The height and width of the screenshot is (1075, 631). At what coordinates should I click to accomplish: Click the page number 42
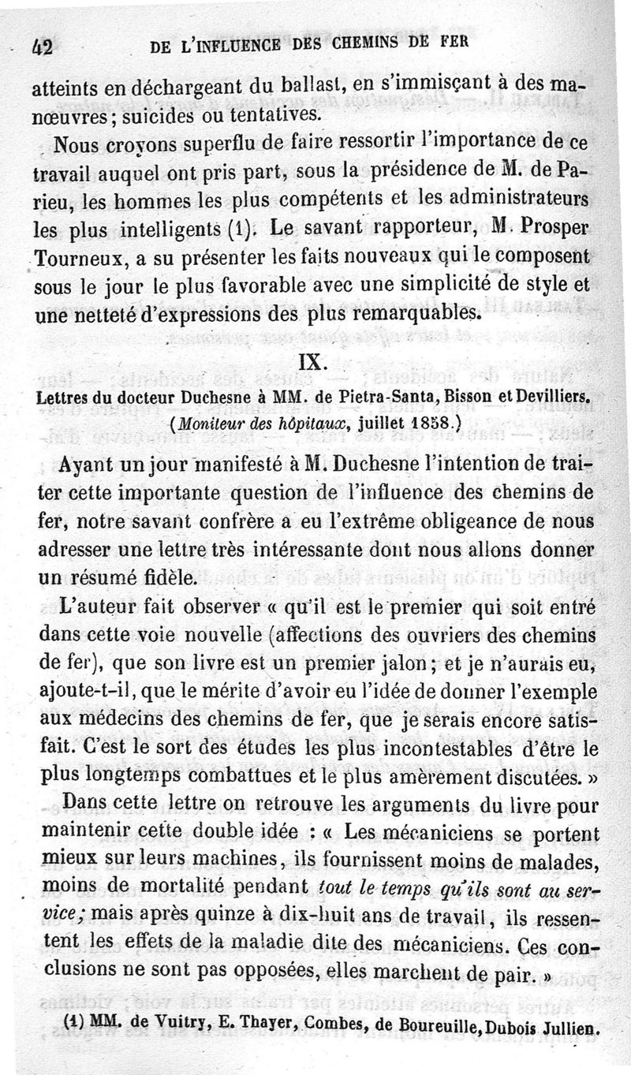43,48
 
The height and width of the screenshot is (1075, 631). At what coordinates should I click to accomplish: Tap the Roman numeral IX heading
312,363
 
